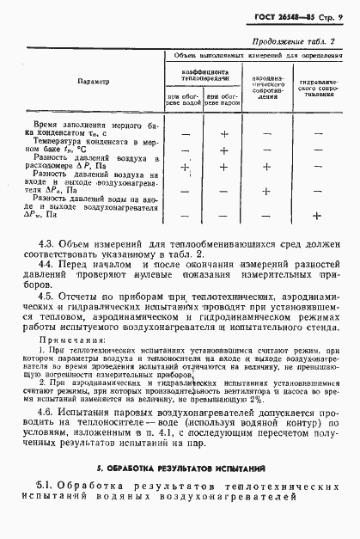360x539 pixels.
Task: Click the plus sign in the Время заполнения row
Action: (223, 134)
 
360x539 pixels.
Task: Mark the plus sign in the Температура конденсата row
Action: (223, 150)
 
